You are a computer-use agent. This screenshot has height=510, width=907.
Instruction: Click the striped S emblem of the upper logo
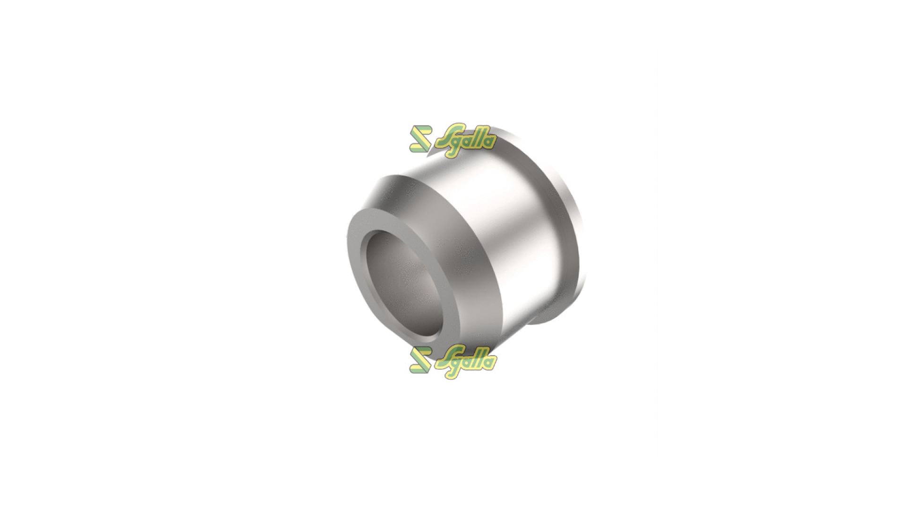(x=420, y=139)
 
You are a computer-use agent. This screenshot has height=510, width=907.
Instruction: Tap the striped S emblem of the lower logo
(x=420, y=360)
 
